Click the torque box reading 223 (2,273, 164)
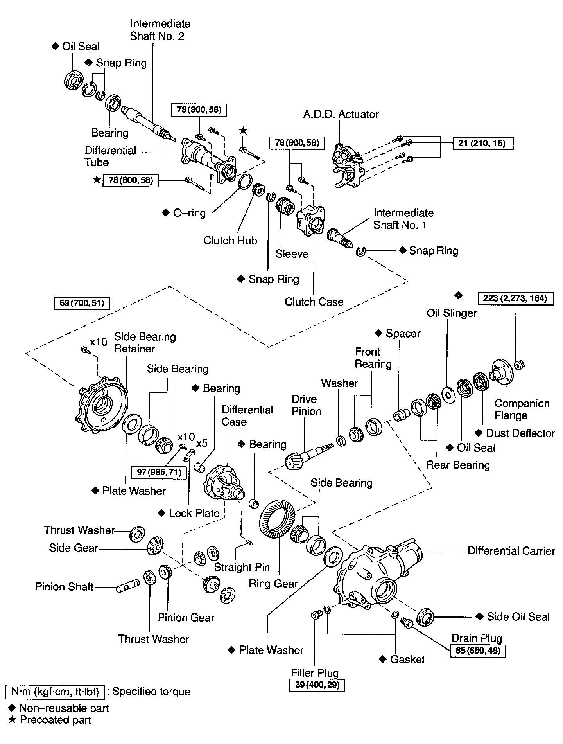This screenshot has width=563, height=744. point(515,298)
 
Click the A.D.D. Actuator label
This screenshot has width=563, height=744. point(341,114)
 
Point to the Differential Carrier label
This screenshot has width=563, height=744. point(511,551)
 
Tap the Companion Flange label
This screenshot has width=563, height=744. point(522,409)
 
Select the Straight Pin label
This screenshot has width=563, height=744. point(242,567)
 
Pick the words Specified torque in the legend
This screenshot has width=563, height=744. point(151,692)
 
